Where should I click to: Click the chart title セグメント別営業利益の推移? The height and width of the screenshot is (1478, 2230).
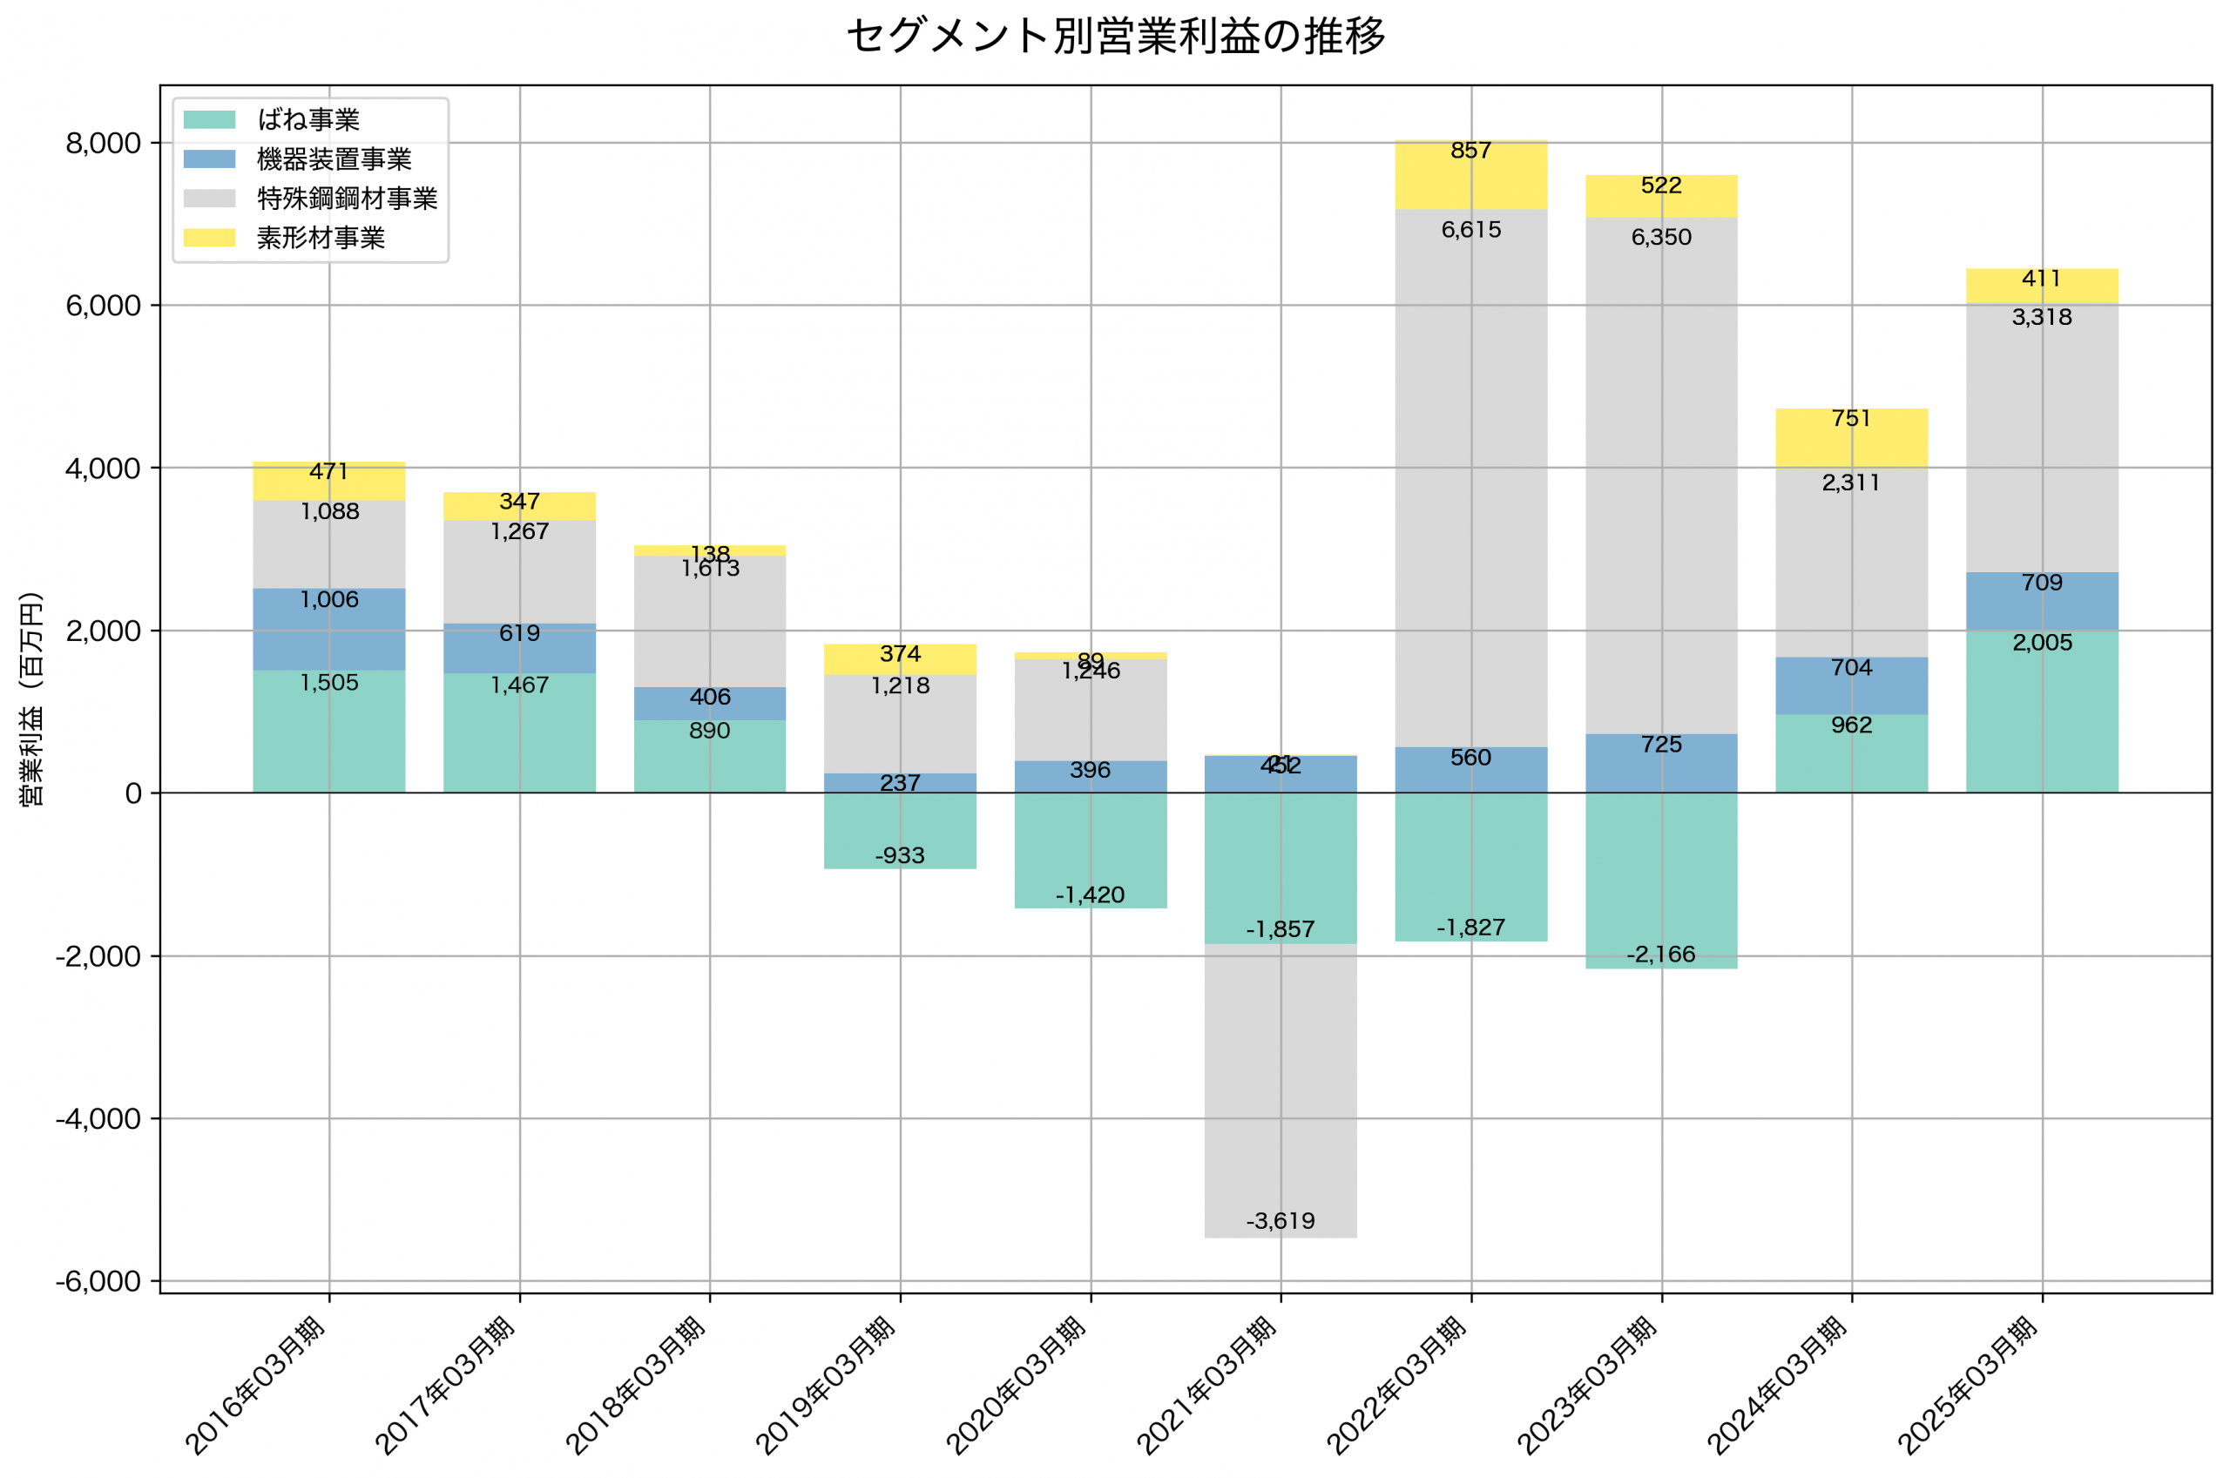click(1115, 37)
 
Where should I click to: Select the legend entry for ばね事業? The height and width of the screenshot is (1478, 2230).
click(308, 119)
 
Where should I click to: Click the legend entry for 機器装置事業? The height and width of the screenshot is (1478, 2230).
click(334, 159)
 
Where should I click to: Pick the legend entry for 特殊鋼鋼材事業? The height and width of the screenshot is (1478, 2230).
click(347, 199)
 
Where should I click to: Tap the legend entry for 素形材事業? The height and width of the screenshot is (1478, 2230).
click(321, 239)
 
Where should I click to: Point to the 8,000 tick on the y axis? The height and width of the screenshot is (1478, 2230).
click(103, 144)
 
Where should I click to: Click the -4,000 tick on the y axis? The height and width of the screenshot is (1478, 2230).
click(98, 1119)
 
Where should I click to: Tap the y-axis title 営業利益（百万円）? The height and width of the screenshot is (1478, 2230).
click(31, 699)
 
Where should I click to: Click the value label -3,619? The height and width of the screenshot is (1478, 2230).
click(1280, 1222)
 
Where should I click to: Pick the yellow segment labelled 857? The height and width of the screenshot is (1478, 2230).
click(1470, 175)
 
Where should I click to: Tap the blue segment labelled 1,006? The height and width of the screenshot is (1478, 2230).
click(329, 630)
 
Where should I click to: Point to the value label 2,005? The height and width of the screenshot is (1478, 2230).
click(2042, 643)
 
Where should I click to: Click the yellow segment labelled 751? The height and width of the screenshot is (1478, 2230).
click(1851, 437)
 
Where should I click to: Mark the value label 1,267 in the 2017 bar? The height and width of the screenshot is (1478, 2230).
click(519, 531)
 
